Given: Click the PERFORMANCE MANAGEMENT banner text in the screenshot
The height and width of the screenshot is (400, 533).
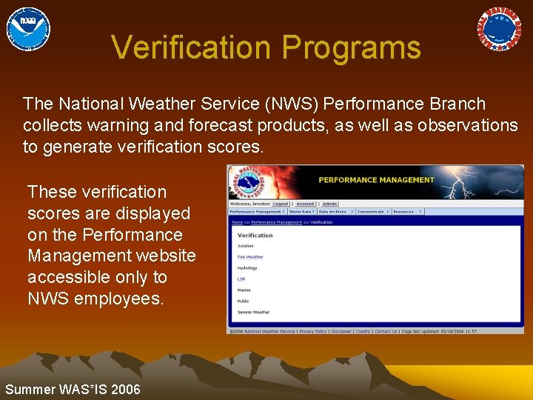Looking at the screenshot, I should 376,180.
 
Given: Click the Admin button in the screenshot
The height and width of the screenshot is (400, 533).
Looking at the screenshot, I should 329,204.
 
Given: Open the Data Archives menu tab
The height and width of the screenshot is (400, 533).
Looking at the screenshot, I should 332,212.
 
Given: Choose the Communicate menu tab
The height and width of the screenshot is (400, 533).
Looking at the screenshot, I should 371,212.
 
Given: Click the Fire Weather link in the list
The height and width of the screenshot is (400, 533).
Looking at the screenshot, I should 250,257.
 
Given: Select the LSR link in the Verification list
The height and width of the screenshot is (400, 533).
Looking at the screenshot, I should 241,279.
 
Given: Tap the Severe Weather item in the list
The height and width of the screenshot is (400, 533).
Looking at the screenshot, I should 253,313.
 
